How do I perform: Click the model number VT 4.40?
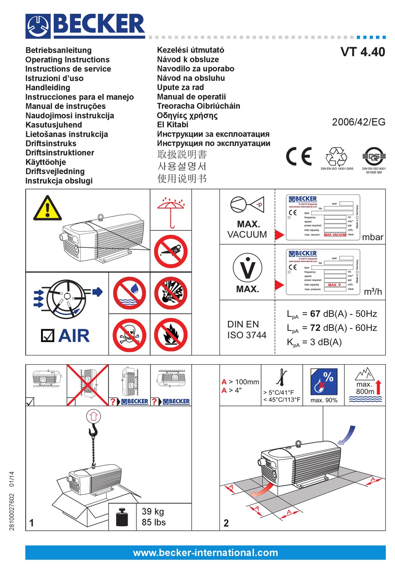[x=363, y=52]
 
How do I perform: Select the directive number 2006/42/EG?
[x=358, y=122]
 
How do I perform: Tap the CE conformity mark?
[x=299, y=157]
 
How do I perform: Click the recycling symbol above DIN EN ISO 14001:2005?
[x=336, y=157]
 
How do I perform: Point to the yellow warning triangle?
[x=47, y=209]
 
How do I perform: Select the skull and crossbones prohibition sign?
[x=129, y=335]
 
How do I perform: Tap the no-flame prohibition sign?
[x=171, y=335]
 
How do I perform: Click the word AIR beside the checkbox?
[x=74, y=336]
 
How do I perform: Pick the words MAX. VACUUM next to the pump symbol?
[x=247, y=229]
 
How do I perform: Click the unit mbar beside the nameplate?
[x=373, y=237]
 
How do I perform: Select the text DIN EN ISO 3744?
[x=247, y=330]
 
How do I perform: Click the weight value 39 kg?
[x=153, y=512]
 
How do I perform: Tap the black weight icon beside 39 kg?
[x=122, y=517]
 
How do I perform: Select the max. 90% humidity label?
[x=324, y=400]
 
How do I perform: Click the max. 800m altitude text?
[x=365, y=388]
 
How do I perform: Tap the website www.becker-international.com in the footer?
[x=205, y=553]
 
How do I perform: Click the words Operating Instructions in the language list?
[x=67, y=60]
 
